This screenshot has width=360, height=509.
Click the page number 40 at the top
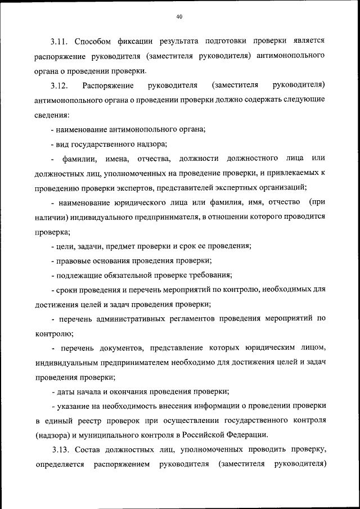(179, 17)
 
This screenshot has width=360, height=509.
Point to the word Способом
(94, 42)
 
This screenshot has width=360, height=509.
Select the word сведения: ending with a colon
(52, 115)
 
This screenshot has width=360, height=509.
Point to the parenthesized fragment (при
(317, 202)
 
